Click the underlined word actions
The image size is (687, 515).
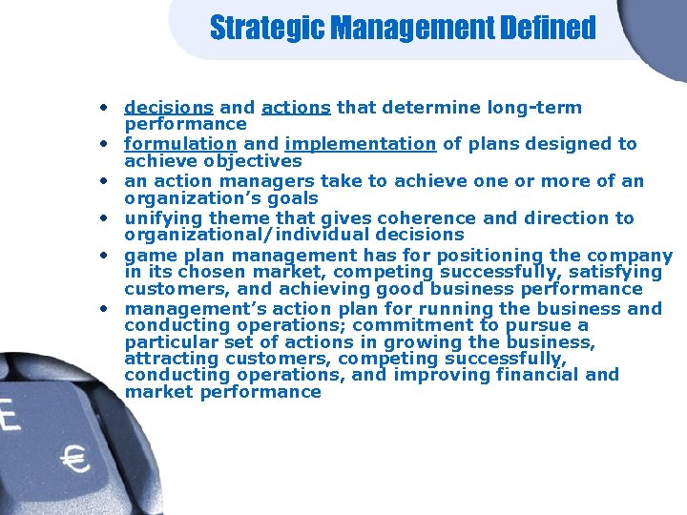[x=296, y=108]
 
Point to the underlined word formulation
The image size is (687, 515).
[x=181, y=144]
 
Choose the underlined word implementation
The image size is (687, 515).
[x=360, y=144]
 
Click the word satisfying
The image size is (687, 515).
[x=612, y=272]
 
